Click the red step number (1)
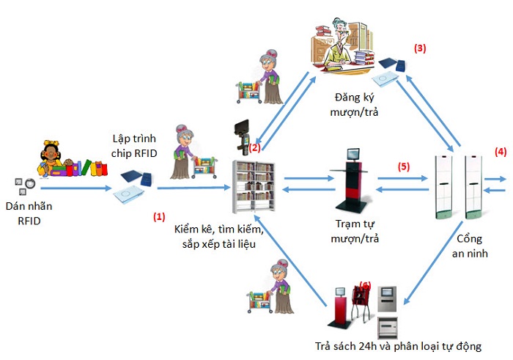(158, 217)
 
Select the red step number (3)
(420, 48)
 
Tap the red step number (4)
(500, 153)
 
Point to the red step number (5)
(404, 166)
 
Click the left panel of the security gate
(445, 186)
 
